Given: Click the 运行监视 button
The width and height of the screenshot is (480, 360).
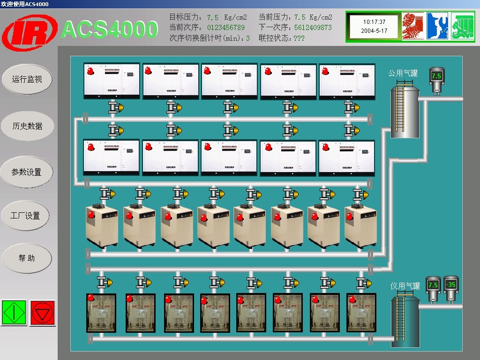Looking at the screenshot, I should [x=27, y=79].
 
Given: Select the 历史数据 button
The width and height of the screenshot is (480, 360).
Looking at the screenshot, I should [x=27, y=126].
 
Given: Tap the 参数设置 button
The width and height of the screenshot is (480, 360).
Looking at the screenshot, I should [x=27, y=172].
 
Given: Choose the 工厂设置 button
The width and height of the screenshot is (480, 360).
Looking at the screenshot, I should [x=26, y=216].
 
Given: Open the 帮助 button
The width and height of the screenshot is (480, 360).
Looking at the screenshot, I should [x=27, y=258].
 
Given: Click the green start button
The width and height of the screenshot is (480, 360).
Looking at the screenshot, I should [x=14, y=312].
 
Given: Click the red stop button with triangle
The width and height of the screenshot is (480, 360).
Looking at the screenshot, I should [x=43, y=312].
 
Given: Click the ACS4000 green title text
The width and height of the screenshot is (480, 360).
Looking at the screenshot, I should [x=110, y=30].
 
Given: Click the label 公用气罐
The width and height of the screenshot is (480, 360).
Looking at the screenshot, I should [x=403, y=73].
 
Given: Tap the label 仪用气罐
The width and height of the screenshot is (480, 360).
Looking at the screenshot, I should [x=405, y=286].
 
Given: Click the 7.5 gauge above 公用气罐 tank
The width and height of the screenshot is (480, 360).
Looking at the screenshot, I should [x=436, y=76].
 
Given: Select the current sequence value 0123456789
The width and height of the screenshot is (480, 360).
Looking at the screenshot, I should [x=226, y=28].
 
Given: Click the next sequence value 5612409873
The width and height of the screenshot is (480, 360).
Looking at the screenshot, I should [x=313, y=28].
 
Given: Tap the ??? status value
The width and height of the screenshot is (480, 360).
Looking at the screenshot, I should [x=298, y=38].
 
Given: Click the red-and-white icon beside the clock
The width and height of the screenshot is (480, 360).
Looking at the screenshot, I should [x=412, y=26].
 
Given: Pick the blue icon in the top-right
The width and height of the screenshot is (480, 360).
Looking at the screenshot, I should [x=437, y=26].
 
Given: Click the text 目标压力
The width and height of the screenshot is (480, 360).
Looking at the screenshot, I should [x=186, y=17].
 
